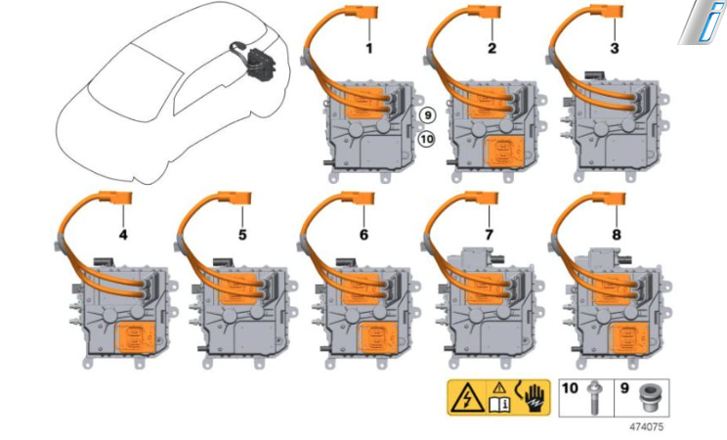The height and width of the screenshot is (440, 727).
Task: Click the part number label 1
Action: pos(369,48)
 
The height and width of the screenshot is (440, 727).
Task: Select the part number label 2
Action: pos(492,48)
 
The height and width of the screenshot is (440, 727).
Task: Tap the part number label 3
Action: pos(615,48)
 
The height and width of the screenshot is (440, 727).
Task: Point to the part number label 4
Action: pos(123,235)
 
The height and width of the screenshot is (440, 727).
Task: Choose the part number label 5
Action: pos(242,235)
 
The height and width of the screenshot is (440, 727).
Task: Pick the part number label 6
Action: pos(363,235)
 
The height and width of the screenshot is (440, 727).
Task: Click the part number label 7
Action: pos(490,235)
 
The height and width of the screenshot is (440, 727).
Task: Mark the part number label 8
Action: pos(617,235)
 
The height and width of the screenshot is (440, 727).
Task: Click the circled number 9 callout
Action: pos(427,115)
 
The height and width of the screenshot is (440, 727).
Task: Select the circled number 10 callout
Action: pos(427,138)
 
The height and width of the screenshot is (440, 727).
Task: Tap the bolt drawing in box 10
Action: pos(593,398)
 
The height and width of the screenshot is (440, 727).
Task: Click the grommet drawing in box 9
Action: pos(648,397)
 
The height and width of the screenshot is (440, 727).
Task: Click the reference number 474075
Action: pos(646,426)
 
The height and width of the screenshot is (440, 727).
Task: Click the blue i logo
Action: pos(704,22)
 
